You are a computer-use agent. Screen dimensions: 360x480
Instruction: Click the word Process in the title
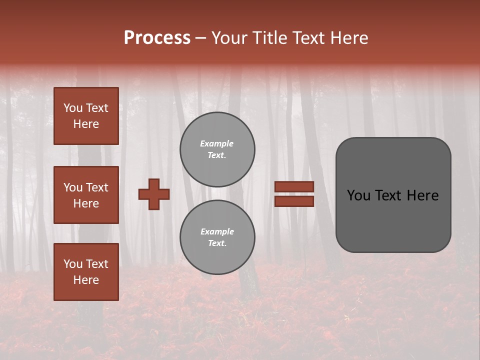[x=157, y=38]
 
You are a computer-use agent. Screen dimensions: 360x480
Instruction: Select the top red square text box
[x=86, y=116]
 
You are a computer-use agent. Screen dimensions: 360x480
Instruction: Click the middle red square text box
[x=86, y=195]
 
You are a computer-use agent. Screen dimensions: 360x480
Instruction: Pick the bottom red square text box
[x=86, y=272]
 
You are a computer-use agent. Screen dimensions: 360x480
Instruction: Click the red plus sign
[x=154, y=194]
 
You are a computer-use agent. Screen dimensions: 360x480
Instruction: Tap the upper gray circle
[x=217, y=149]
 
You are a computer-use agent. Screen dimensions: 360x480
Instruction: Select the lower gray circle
[x=217, y=237]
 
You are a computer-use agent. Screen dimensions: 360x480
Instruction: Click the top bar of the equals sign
[x=294, y=186]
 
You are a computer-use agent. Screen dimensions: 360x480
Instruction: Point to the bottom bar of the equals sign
[x=294, y=201]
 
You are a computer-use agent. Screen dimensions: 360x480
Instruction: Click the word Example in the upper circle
[x=217, y=143]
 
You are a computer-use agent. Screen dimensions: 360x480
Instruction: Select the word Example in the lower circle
[x=217, y=231]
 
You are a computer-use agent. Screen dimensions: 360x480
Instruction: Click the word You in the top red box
[x=73, y=108]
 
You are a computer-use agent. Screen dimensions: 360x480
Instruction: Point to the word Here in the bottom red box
[x=86, y=280]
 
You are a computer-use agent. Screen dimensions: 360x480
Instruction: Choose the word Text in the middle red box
[x=97, y=187]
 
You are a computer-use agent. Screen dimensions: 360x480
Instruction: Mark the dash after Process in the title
[x=201, y=38]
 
